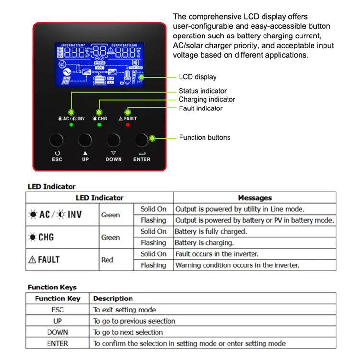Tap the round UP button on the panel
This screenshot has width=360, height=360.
(x=85, y=140)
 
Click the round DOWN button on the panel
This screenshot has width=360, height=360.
(x=113, y=140)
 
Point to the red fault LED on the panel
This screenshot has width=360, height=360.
(x=128, y=125)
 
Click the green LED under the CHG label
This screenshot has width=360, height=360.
(x=99, y=125)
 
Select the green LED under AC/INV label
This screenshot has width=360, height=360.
(x=71, y=125)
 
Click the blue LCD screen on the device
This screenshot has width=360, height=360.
(x=100, y=66)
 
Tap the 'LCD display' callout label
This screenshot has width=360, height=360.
(x=197, y=77)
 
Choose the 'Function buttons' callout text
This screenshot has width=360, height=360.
(x=204, y=138)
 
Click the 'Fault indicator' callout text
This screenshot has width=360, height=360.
(x=201, y=108)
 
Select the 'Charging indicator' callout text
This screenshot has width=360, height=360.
(x=207, y=99)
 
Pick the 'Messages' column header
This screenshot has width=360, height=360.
(x=254, y=198)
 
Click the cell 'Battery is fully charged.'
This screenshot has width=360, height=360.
(x=211, y=231)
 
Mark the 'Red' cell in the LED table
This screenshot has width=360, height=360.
(x=107, y=260)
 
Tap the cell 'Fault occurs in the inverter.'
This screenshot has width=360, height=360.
(x=217, y=254)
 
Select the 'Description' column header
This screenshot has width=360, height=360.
(x=113, y=299)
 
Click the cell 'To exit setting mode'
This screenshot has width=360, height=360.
(x=124, y=310)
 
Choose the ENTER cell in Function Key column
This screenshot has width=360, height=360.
(x=58, y=343)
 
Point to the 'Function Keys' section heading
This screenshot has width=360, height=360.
(x=52, y=288)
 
